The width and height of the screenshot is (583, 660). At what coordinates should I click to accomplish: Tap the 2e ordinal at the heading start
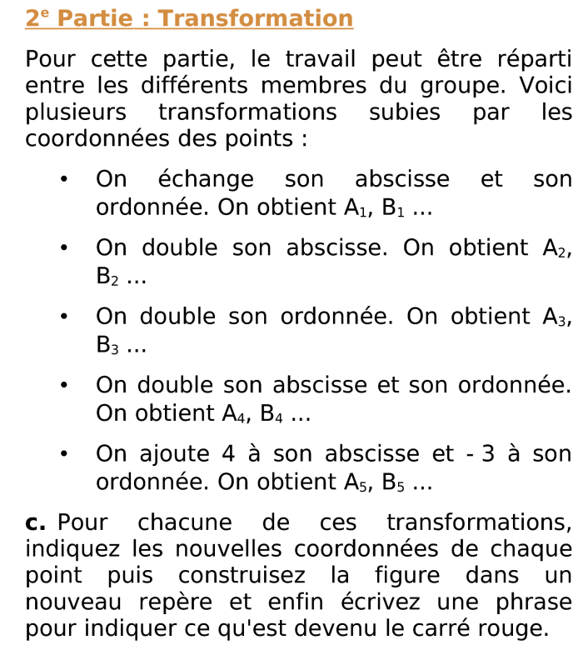[x=37, y=17]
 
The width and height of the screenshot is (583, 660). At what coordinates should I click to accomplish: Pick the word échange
[x=206, y=179]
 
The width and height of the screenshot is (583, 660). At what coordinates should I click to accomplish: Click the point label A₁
[x=357, y=207]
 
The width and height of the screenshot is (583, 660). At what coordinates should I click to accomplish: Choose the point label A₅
[x=357, y=482]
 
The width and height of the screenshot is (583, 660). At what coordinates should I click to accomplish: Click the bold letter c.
[x=35, y=523]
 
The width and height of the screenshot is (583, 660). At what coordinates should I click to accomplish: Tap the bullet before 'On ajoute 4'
[x=63, y=455]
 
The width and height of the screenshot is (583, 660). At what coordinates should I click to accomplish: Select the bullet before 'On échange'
[x=63, y=180]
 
